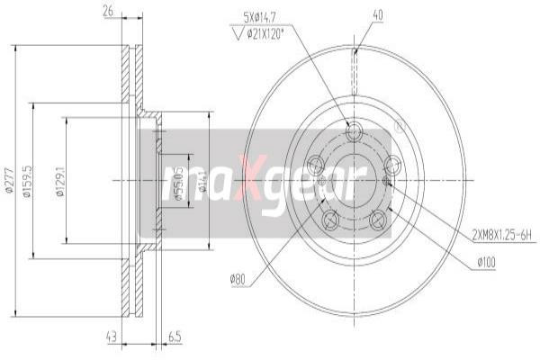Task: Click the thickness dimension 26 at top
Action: tap(108, 12)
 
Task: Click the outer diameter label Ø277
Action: tap(7, 180)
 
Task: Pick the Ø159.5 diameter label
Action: tap(29, 180)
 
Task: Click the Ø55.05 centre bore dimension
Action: tap(178, 180)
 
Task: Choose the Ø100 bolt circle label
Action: tap(488, 263)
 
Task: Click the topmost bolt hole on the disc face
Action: tap(355, 131)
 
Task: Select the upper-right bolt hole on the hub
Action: tap(392, 165)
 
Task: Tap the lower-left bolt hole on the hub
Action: tap(328, 217)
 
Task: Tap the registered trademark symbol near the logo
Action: tap(400, 128)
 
